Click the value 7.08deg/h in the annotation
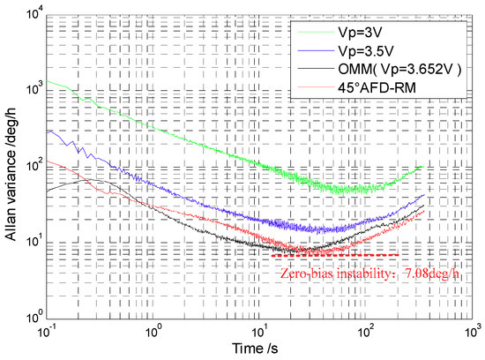(412, 273)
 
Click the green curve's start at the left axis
(50, 81)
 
